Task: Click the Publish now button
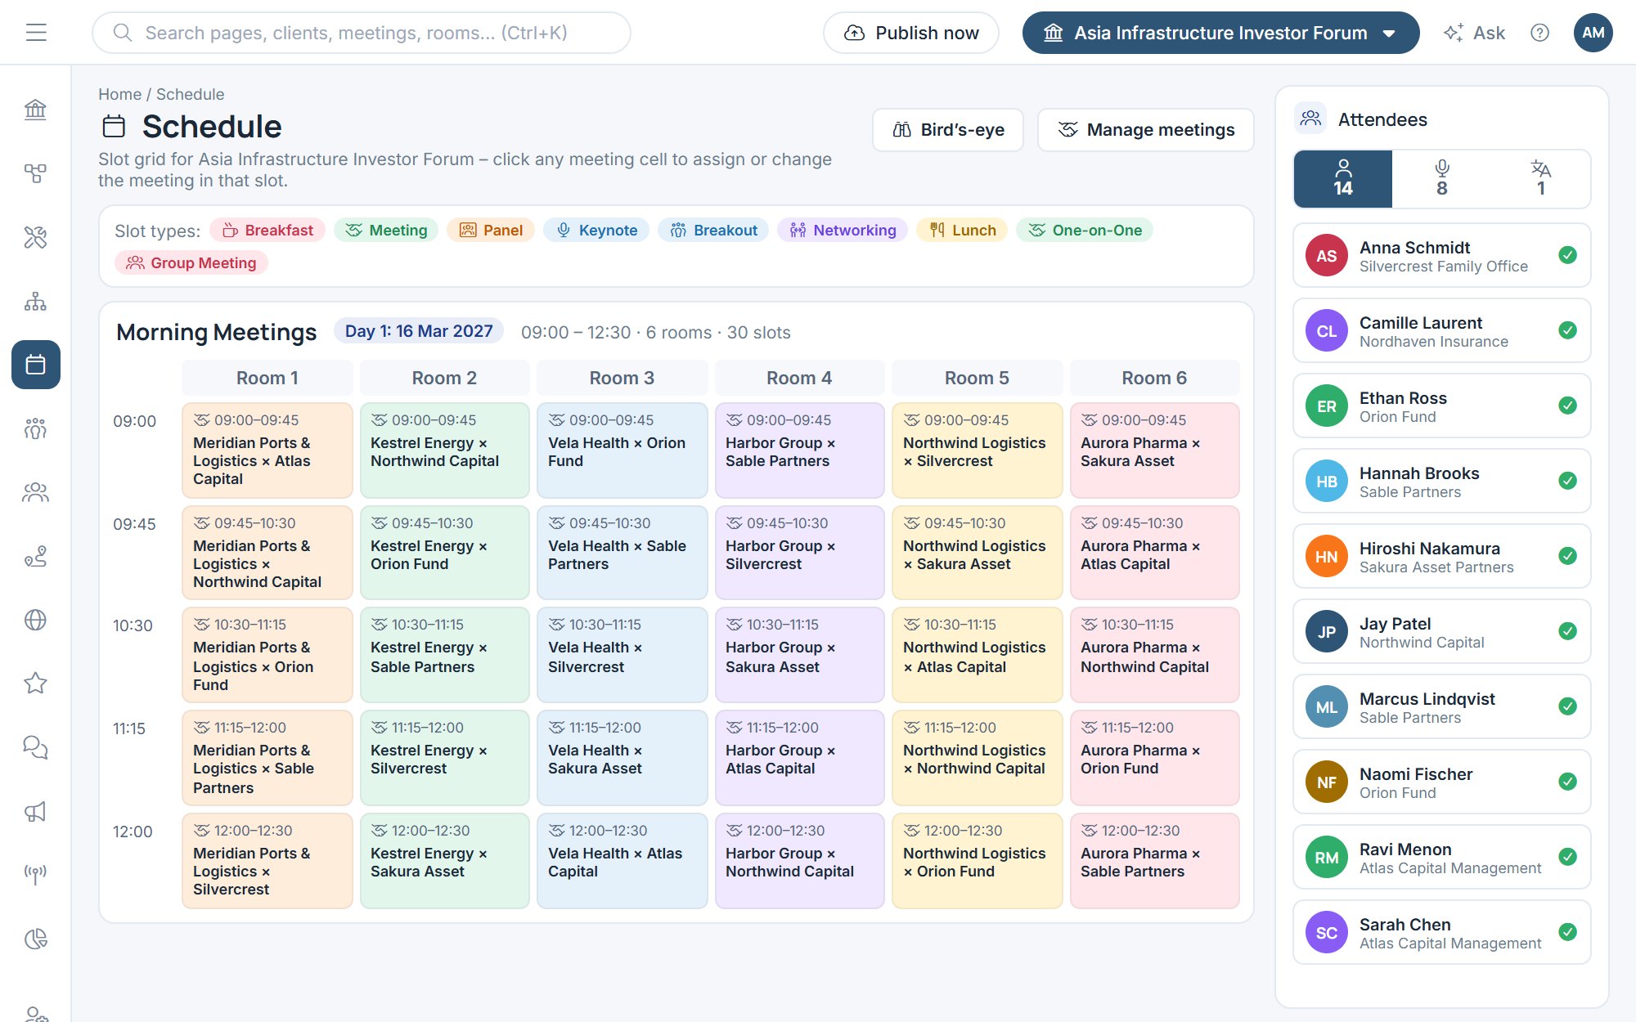(910, 33)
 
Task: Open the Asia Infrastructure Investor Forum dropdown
(1220, 33)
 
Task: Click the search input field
(362, 33)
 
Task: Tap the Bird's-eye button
(948, 130)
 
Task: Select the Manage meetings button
(1145, 130)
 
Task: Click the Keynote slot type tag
(596, 231)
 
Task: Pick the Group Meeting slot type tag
(191, 263)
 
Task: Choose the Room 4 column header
(799, 378)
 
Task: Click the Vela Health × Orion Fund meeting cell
(622, 450)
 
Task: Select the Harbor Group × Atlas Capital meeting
(799, 758)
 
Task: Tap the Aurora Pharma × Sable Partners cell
(1154, 861)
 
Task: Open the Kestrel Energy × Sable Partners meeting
(444, 655)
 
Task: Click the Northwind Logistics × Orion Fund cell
(977, 861)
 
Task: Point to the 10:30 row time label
(133, 625)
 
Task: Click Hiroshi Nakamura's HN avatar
(1326, 556)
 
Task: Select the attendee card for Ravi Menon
(1441, 857)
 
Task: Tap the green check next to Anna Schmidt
(1567, 255)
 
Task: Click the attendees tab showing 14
(1343, 179)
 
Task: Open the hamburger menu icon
(36, 33)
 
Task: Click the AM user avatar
(1593, 33)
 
